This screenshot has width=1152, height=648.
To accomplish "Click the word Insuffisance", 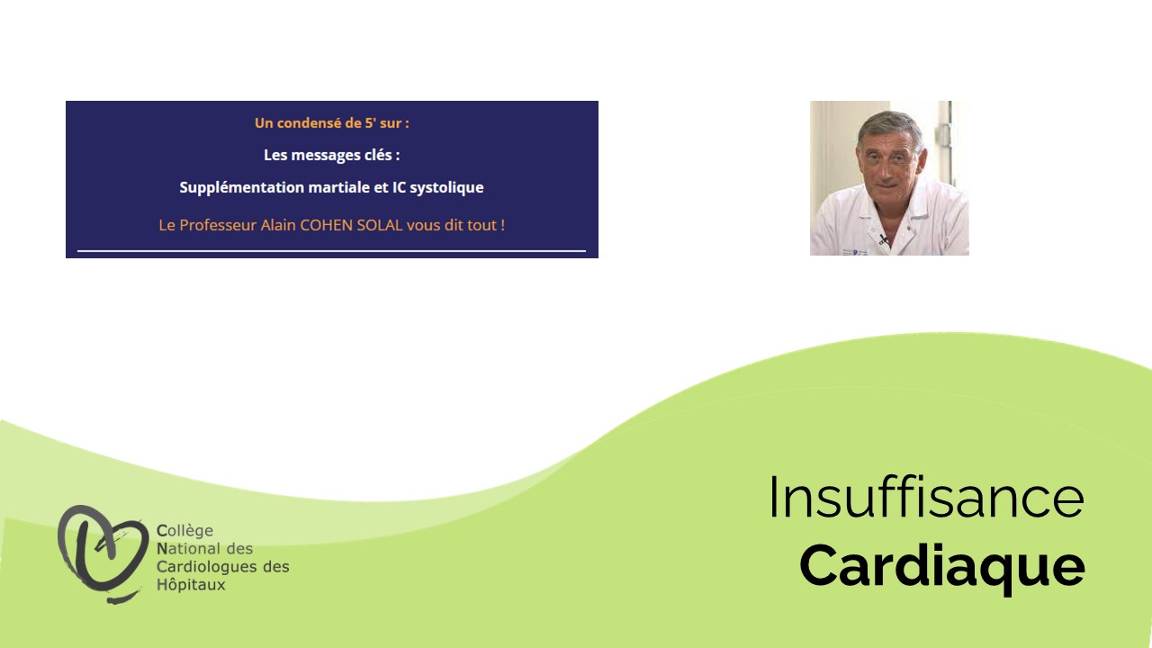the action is click(927, 498).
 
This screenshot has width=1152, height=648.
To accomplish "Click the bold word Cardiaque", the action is click(942, 567).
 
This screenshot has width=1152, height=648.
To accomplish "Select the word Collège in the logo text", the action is click(184, 530).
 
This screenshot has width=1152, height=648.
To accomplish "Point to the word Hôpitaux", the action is click(191, 585).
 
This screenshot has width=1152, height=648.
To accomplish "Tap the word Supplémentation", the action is click(242, 187).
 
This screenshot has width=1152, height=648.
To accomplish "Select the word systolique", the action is click(446, 187).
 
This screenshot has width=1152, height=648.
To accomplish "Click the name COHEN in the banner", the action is click(326, 225).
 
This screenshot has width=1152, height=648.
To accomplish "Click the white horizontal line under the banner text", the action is click(332, 251).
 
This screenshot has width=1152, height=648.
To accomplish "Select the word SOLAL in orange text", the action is click(379, 225).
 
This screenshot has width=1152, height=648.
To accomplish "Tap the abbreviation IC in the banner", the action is click(399, 187).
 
